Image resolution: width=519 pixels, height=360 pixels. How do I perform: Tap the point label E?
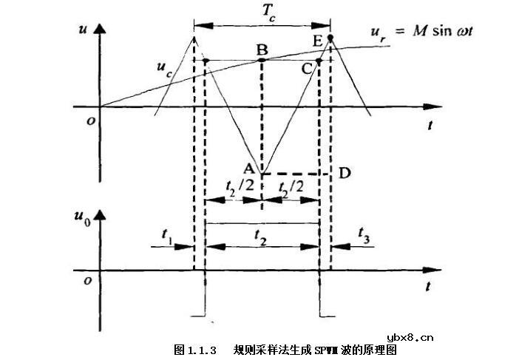[318, 41]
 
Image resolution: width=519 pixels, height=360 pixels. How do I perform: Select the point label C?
[308, 69]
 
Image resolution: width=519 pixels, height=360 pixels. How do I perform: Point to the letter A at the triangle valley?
[251, 169]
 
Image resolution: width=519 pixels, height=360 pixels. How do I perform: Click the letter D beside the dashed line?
[343, 172]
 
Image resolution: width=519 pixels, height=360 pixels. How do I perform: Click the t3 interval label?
[364, 234]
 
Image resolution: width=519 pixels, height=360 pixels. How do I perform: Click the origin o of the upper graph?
[86, 121]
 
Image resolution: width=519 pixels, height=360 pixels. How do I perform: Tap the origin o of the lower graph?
[87, 282]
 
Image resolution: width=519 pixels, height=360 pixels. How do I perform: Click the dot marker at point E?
[330, 37]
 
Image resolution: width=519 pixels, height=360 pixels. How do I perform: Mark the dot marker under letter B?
[262, 60]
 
